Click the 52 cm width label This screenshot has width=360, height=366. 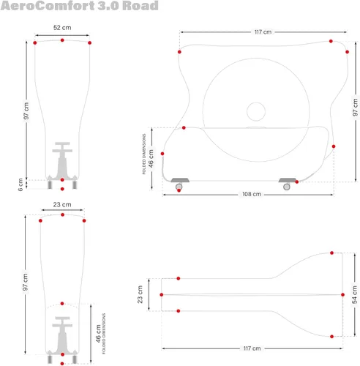[x=62, y=28]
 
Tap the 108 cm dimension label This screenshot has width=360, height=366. [x=252, y=194]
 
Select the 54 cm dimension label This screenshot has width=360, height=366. [x=355, y=295]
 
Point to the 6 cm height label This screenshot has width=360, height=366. [x=20, y=184]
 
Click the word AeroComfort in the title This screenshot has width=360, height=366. [x=48, y=6]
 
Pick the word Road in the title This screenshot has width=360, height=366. [x=140, y=6]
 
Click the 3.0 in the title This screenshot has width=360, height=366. [x=108, y=6]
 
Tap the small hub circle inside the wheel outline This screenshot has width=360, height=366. [x=256, y=111]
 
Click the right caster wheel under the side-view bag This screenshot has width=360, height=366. [x=287, y=187]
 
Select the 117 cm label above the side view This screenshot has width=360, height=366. [x=263, y=32]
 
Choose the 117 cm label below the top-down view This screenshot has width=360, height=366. [x=252, y=348]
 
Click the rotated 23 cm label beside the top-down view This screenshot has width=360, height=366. [x=140, y=294]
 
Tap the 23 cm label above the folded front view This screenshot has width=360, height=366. [x=62, y=204]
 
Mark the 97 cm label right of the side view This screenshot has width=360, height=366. [x=355, y=108]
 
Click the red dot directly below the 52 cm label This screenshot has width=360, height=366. [x=62, y=40]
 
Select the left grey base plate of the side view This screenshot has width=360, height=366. [x=180, y=180]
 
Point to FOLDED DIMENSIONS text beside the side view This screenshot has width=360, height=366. [x=144, y=154]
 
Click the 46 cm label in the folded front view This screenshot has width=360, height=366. [x=98, y=333]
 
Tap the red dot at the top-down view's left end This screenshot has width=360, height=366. [x=162, y=295]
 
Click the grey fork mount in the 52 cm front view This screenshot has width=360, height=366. [x=62, y=162]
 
